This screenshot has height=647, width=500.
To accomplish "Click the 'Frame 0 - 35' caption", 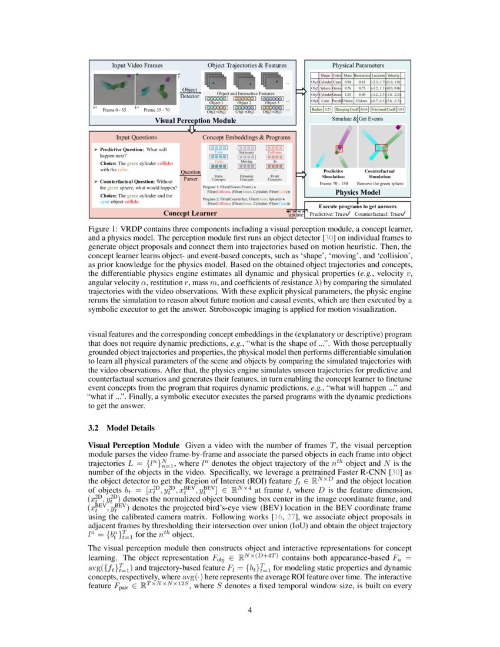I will pyautogui.click(x=115, y=110).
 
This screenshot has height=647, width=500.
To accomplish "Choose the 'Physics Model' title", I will pyautogui.click(x=358, y=192).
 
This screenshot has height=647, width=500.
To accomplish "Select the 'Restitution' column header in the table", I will pyautogui.click(x=362, y=75).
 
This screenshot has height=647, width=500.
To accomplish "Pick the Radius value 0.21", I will pyautogui.click(x=328, y=109).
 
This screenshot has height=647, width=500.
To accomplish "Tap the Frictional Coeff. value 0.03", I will pyautogui.click(x=401, y=109).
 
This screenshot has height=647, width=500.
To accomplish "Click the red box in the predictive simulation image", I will pyautogui.click(x=339, y=149).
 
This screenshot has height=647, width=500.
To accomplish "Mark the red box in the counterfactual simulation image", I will pyautogui.click(x=381, y=147).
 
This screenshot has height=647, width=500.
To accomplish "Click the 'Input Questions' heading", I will pyautogui.click(x=136, y=137).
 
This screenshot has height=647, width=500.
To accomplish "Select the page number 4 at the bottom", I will pyautogui.click(x=250, y=609).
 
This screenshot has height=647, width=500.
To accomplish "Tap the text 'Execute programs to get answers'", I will pyautogui.click(x=358, y=206).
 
